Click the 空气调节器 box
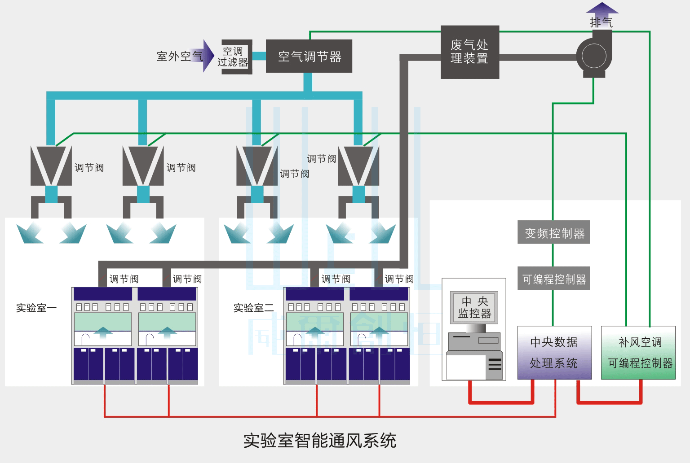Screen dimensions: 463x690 coord(309,57)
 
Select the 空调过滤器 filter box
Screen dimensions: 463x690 coord(234,57)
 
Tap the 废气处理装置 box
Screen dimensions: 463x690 coord(469,52)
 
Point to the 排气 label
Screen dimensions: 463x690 coord(601,22)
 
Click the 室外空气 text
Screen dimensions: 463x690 coord(179,57)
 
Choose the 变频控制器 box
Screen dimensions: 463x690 coord(554,232)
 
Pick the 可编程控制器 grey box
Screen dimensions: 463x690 coord(554,279)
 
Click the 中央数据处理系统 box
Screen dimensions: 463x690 coord(553,353)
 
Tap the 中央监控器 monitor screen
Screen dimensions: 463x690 coord(474,307)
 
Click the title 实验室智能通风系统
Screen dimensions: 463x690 coord(320,441)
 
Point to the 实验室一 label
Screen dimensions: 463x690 coord(36,308)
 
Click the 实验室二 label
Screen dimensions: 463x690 coord(253,308)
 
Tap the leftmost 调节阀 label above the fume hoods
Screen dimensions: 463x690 coord(124,279)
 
